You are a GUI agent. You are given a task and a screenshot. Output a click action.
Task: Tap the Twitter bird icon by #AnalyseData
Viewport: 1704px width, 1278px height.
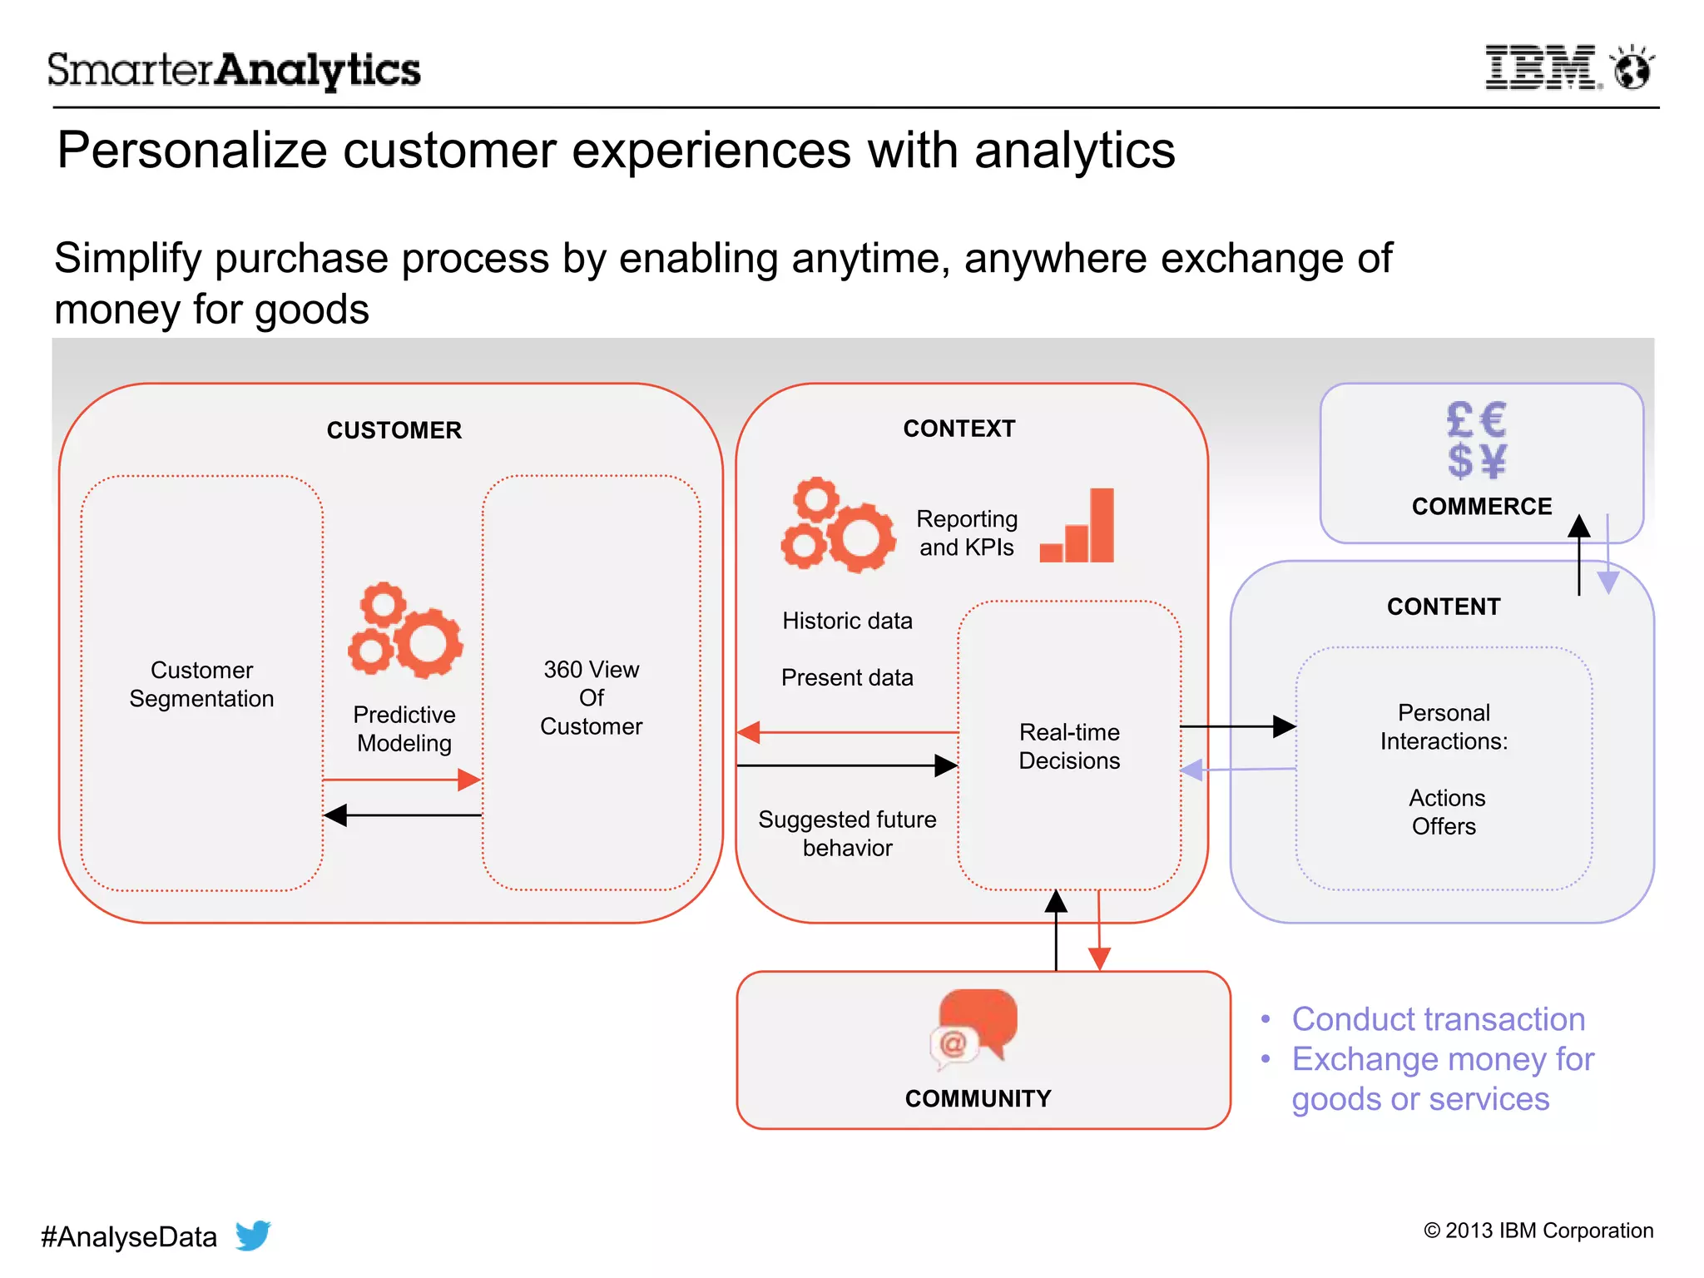click(253, 1235)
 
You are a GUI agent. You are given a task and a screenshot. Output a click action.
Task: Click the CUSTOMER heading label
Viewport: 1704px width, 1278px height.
click(394, 430)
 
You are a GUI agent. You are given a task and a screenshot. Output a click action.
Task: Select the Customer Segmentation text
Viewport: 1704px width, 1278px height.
click(201, 684)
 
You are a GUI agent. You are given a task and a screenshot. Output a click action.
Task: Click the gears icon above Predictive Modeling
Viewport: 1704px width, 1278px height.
click(405, 630)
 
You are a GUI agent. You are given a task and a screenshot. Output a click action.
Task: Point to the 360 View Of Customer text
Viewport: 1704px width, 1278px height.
click(591, 697)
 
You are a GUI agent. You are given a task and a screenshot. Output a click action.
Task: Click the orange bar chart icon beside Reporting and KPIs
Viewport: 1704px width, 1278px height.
click(1078, 528)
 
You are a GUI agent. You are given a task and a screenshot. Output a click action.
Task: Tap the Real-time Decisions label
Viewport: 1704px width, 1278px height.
click(1069, 745)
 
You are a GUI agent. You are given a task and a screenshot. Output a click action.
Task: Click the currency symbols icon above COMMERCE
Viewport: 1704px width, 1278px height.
click(1477, 440)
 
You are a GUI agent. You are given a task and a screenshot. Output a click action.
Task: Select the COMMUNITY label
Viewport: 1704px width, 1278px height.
click(978, 1098)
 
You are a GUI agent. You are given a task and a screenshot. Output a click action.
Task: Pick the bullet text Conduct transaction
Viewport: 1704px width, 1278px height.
click(1438, 1018)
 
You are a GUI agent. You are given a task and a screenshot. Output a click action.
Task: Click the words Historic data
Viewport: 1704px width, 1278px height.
click(847, 621)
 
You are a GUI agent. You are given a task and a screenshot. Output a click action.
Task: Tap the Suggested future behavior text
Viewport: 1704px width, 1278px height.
click(847, 833)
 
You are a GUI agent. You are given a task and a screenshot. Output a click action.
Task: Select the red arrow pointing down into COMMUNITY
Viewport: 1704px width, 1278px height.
click(1099, 932)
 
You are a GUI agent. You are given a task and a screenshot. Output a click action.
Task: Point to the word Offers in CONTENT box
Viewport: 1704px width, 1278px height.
click(1444, 826)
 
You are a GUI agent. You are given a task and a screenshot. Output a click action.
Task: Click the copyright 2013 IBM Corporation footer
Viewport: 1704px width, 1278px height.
click(1538, 1231)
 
